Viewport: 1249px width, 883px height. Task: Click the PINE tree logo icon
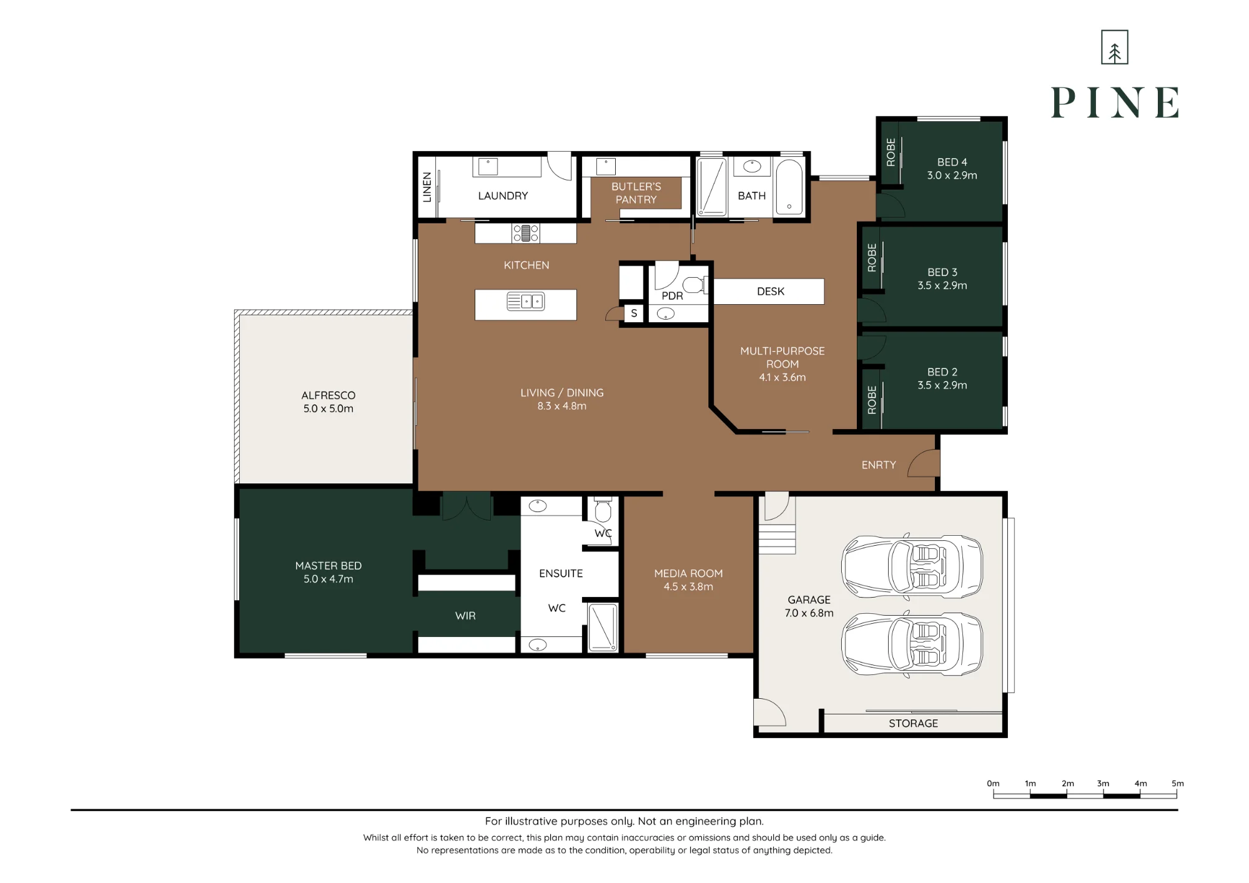click(x=1114, y=47)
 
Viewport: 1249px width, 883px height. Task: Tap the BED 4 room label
click(x=952, y=162)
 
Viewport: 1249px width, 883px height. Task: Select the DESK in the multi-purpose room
click(x=769, y=292)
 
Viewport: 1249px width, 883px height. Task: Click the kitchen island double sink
click(x=525, y=302)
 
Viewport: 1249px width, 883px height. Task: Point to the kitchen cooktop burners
click(x=526, y=233)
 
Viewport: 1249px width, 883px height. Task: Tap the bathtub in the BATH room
click(x=789, y=187)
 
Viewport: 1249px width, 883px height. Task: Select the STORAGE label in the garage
click(x=913, y=723)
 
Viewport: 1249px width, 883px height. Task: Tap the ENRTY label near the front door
click(x=878, y=465)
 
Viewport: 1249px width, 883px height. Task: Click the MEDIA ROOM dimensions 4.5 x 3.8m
click(x=688, y=586)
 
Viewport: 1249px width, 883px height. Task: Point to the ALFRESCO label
click(x=328, y=395)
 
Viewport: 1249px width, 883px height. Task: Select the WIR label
click(x=465, y=616)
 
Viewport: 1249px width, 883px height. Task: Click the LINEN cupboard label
click(x=427, y=187)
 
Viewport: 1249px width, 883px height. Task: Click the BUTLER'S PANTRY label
click(x=636, y=193)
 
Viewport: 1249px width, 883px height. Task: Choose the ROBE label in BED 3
click(x=872, y=257)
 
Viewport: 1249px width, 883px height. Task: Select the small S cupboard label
click(x=634, y=313)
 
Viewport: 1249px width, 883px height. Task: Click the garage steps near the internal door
click(x=778, y=540)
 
